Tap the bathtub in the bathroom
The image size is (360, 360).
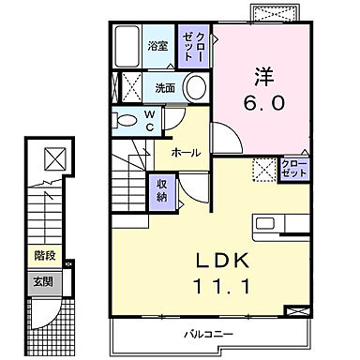pos(128,44)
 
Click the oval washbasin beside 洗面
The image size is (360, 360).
pos(194,88)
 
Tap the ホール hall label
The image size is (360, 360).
pos(185,152)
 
